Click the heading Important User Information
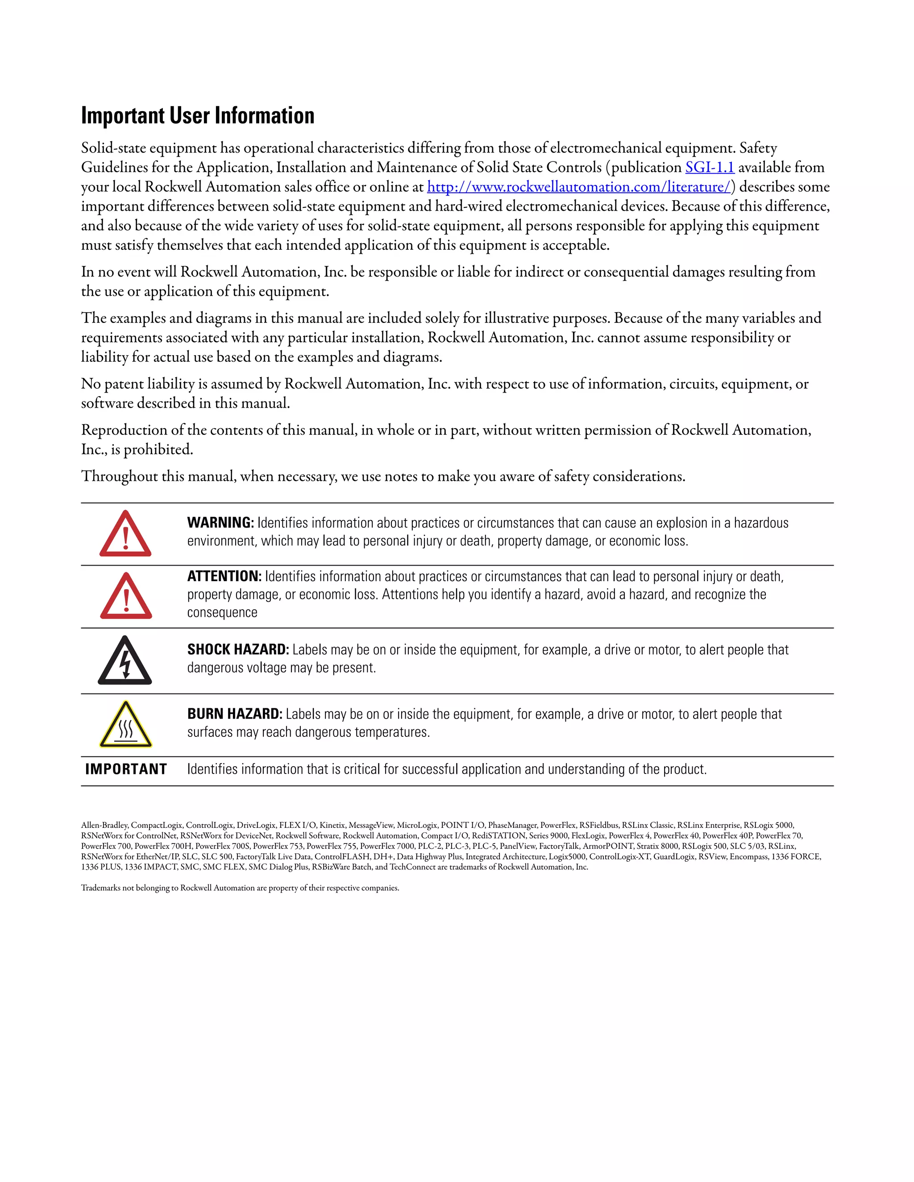(198, 116)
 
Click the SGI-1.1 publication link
(709, 168)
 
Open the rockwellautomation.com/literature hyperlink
(579, 187)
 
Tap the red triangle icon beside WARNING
(125, 535)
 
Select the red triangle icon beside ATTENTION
(125, 597)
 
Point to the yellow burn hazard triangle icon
(125, 725)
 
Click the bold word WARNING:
(220, 523)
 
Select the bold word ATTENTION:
(224, 576)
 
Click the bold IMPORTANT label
(126, 769)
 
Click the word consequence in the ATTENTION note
(222, 613)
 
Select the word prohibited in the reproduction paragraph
(158, 450)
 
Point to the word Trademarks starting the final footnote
(101, 888)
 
